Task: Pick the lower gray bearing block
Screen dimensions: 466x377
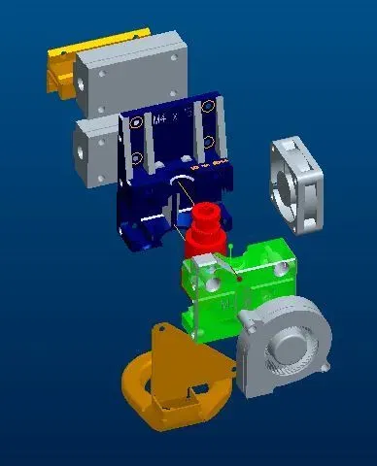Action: point(97,151)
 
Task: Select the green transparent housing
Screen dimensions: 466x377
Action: point(239,287)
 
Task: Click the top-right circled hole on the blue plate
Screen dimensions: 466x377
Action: point(207,108)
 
